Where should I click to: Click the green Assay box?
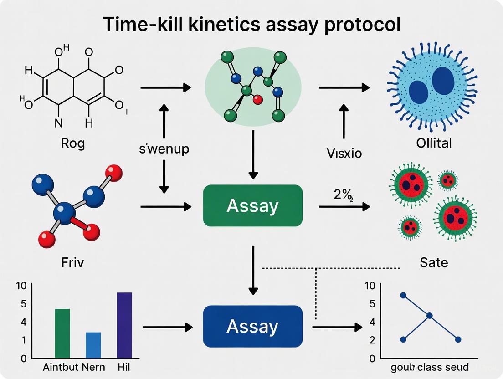252,206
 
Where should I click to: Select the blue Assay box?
252,326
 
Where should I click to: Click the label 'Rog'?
73,143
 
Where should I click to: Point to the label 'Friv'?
73,263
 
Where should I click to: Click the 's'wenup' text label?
164,149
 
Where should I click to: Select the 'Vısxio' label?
344,153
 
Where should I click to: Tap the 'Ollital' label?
434,143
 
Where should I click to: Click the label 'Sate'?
434,262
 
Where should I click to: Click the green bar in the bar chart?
62,333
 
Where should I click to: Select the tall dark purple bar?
124,325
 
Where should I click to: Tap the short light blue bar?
93,345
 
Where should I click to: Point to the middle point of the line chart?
429,316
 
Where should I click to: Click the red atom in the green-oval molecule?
258,99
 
